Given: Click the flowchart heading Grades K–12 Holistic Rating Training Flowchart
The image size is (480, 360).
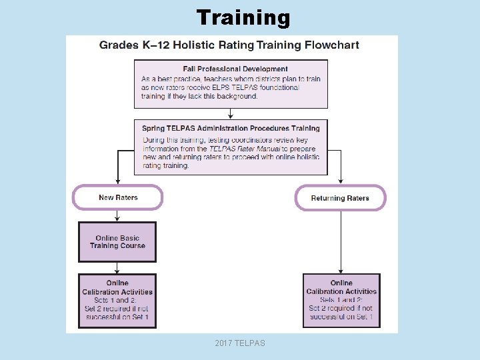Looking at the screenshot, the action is tap(229, 45).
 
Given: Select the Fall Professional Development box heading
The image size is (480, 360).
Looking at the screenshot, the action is tap(235, 69).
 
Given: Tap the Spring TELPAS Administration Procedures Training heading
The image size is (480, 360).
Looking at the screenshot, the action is tap(231, 128).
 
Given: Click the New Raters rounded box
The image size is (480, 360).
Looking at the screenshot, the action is tap(118, 197).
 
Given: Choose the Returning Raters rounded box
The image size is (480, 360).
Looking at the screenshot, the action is tap(340, 198).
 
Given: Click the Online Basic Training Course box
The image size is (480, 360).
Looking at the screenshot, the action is tap(117, 242).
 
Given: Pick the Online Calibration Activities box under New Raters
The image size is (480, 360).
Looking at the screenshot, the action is tap(117, 301).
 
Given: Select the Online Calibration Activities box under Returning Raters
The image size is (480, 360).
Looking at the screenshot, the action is tap(341, 301).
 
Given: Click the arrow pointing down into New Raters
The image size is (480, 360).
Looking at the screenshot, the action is tap(118, 179).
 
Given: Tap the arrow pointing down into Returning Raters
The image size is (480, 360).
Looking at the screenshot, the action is tap(341, 179).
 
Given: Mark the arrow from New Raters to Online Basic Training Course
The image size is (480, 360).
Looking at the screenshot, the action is tap(118, 215).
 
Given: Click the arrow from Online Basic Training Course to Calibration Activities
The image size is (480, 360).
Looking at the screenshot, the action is tap(118, 267).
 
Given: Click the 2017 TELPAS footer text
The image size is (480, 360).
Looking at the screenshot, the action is tap(240, 343).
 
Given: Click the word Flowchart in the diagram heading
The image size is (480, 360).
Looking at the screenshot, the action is tap(331, 45).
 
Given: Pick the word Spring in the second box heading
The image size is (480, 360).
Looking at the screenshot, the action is tap(154, 128).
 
